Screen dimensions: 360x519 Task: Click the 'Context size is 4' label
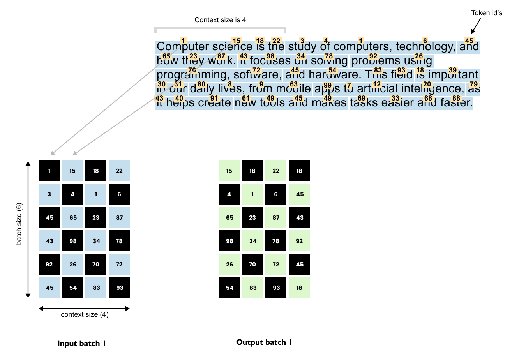[x=220, y=20]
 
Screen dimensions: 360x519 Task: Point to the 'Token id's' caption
[x=487, y=13]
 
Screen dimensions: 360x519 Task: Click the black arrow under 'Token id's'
[x=475, y=26]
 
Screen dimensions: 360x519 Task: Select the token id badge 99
[x=328, y=85]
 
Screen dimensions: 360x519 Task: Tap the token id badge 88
[x=456, y=98]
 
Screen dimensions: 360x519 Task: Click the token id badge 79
[x=473, y=84]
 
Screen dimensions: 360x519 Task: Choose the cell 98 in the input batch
[x=73, y=241]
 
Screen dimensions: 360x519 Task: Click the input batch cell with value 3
[x=49, y=194]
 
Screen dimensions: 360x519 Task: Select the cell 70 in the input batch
[x=96, y=264]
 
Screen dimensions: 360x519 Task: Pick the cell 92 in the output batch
[x=299, y=241]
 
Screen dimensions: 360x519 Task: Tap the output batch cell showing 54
[x=229, y=288]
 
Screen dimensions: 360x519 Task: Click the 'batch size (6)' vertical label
[x=19, y=224]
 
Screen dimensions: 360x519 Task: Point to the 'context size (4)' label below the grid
[x=85, y=314]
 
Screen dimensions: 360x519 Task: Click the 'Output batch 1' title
[x=264, y=342]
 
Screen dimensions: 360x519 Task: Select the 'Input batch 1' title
[x=81, y=343]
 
